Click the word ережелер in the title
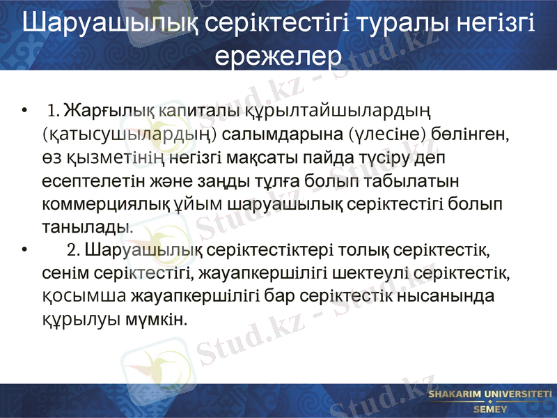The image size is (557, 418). pos(278,55)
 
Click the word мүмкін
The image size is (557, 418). pos(162,320)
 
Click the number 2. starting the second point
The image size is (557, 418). pos(74,249)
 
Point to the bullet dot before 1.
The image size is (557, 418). pos(25,111)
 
